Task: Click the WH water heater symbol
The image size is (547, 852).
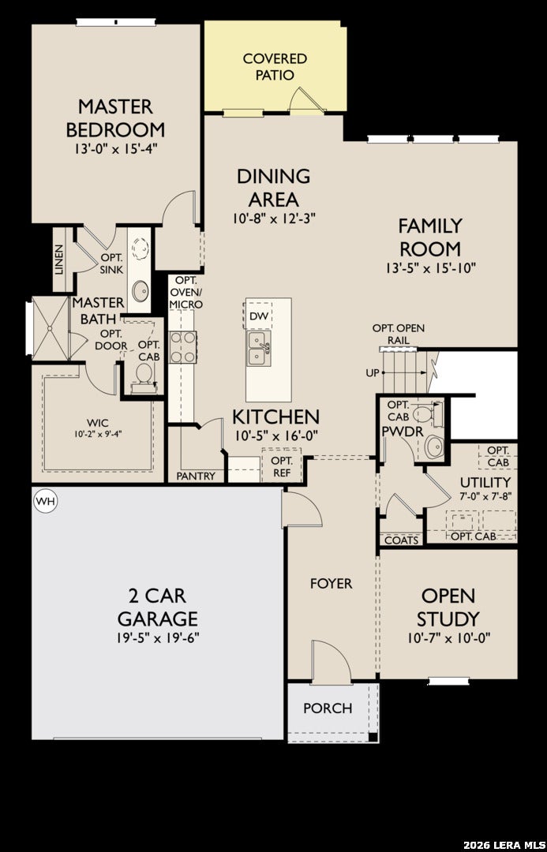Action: [46, 503]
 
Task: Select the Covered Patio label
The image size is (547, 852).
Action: [275, 66]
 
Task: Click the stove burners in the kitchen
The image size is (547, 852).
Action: [182, 346]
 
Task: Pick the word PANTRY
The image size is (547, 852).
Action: [196, 476]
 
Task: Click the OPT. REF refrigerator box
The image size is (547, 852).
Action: [281, 465]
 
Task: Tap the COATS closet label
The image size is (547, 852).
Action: [402, 540]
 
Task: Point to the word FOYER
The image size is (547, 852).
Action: [332, 584]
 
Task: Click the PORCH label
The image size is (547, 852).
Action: [328, 708]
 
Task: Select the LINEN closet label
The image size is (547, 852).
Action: [59, 260]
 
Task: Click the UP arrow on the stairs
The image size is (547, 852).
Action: [403, 372]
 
